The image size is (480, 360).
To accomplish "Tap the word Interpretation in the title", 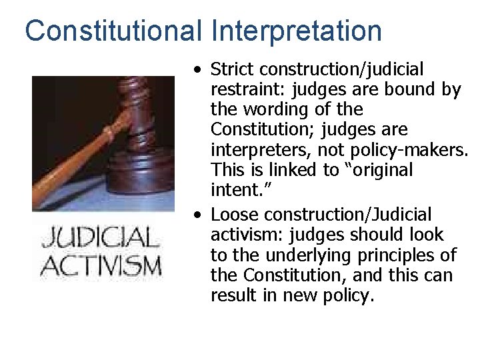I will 297,31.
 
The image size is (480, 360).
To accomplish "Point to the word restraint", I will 242,89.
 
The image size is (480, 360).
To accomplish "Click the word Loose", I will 231,215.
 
